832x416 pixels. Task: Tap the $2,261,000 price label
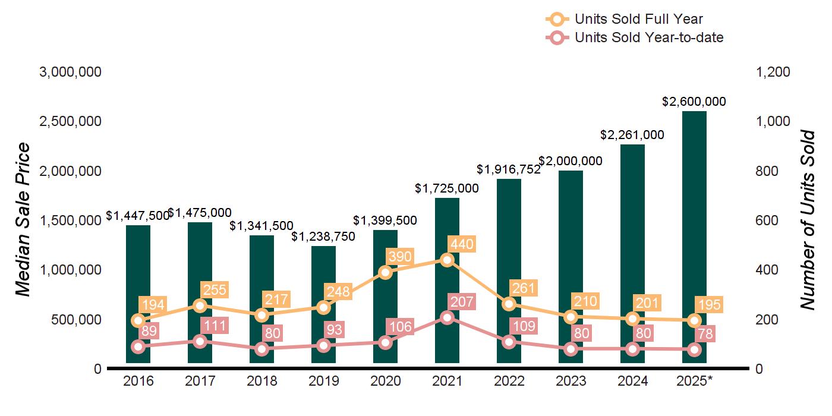(x=632, y=135)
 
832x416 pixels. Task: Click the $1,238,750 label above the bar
(x=323, y=237)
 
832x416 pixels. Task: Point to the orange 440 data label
(x=462, y=244)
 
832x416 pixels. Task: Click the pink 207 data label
(x=462, y=302)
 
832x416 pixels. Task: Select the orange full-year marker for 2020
(x=385, y=272)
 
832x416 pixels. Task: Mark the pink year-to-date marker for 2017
(x=200, y=341)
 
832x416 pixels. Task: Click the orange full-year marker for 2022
(x=509, y=304)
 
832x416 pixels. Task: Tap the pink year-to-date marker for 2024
(x=632, y=349)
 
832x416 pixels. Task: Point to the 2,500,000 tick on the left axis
(x=70, y=121)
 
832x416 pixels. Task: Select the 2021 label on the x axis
(x=447, y=381)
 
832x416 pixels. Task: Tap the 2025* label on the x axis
(x=694, y=381)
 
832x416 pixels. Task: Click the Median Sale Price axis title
(x=23, y=220)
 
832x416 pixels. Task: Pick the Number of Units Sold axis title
(x=808, y=220)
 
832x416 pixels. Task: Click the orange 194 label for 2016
(x=153, y=305)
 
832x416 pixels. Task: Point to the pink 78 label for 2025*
(x=706, y=334)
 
